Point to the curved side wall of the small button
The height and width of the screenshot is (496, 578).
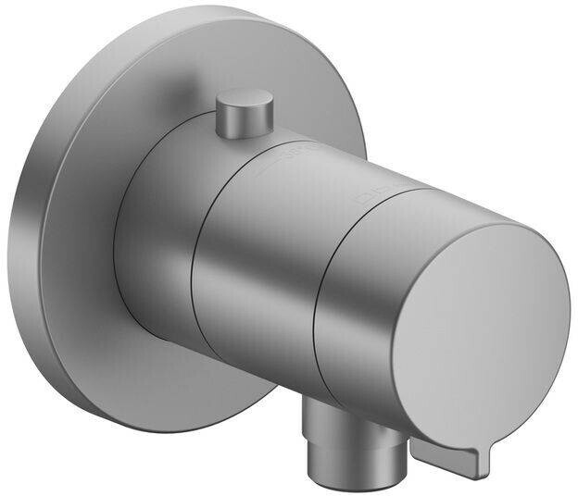(243, 123)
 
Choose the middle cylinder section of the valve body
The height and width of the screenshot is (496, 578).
(255, 268)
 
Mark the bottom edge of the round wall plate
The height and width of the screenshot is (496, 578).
(157, 428)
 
